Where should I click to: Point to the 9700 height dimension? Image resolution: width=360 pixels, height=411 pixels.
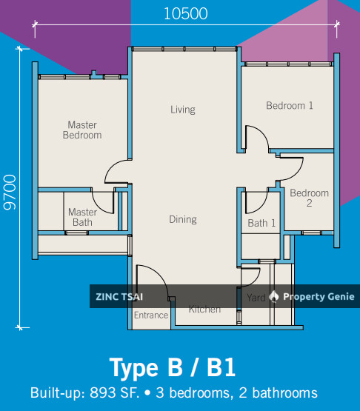click(x=10, y=193)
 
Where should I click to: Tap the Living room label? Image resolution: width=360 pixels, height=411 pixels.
click(x=183, y=110)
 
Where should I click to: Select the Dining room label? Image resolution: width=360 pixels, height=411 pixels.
click(x=182, y=219)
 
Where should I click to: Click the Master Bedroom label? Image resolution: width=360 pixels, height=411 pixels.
click(x=82, y=130)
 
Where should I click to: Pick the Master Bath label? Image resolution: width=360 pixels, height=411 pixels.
click(x=82, y=217)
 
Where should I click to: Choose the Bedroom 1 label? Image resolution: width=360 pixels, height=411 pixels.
click(x=290, y=106)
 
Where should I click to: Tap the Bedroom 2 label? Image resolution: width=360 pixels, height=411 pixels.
click(x=309, y=198)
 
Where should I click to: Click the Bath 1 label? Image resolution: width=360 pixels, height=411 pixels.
click(x=261, y=223)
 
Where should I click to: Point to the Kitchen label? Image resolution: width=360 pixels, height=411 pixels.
click(x=204, y=309)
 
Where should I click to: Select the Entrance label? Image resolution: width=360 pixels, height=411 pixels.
click(x=150, y=315)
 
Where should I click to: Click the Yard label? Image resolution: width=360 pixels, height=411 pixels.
click(x=256, y=298)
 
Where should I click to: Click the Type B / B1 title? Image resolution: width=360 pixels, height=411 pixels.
click(x=173, y=367)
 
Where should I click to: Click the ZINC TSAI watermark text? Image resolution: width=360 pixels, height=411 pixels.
click(x=119, y=297)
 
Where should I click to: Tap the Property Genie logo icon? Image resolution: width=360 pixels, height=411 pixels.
click(x=274, y=297)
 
